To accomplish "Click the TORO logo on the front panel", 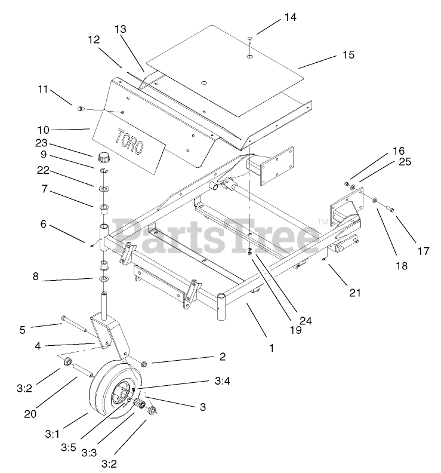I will coord(129,142).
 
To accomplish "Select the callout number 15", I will coord(348,54).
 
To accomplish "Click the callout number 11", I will coord(42,89).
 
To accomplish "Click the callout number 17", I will coord(423,252).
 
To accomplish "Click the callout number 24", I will coord(306,320).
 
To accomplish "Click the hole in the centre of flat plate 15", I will coord(204,82).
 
